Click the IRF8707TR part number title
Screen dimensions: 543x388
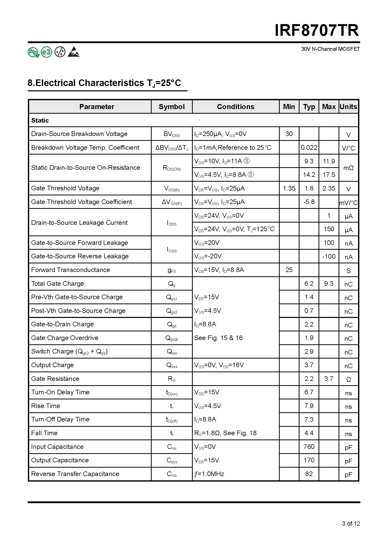pyautogui.click(x=317, y=31)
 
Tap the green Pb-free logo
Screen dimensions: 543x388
pyautogui.click(x=33, y=52)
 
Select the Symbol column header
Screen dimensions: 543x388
pyautogui.click(x=172, y=107)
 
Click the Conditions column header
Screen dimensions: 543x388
pyautogui.click(x=235, y=107)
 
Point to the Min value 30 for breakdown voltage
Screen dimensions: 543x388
pyautogui.click(x=289, y=134)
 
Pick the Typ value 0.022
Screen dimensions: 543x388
pyautogui.click(x=309, y=147)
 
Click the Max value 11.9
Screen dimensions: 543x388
pyautogui.click(x=329, y=161)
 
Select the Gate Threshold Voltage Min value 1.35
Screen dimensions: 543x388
pyautogui.click(x=289, y=188)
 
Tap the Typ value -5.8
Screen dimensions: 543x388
pyautogui.click(x=309, y=202)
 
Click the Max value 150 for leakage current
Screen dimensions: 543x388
pyautogui.click(x=329, y=229)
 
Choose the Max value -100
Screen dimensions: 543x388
pyautogui.click(x=329, y=256)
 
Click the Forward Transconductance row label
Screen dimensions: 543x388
pyautogui.click(x=70, y=270)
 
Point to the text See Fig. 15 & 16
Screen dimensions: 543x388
pyautogui.click(x=218, y=338)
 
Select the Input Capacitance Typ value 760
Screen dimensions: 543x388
pyautogui.click(x=309, y=447)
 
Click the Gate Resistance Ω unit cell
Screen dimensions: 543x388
pyautogui.click(x=348, y=379)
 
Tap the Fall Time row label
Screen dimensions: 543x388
pyautogui.click(x=44, y=433)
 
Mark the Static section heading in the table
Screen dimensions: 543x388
pyautogui.click(x=40, y=120)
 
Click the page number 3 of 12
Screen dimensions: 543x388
pyautogui.click(x=351, y=523)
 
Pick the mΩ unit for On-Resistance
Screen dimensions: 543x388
pyautogui.click(x=348, y=168)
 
